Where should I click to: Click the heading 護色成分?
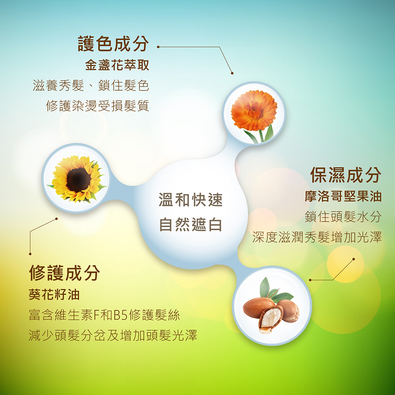tap(113, 44)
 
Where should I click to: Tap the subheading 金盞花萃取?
tap(117, 65)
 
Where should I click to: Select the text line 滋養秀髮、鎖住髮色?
tap(91, 85)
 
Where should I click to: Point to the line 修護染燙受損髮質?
tap(98, 105)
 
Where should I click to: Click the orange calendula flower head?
tap(254, 110)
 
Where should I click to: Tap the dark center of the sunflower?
tap(79, 180)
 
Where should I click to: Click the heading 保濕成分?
tap(346, 175)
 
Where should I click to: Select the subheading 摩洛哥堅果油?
tap(343, 196)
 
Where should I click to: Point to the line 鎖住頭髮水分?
tap(343, 217)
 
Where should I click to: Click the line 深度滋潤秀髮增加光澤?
tap(317, 237)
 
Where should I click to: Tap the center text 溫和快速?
tap(191, 200)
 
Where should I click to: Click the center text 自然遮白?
tap(191, 225)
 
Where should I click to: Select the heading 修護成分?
tap(64, 273)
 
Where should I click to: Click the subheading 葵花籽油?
tap(54, 294)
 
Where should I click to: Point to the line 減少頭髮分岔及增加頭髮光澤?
tap(113, 335)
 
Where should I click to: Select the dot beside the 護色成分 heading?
tap(158, 47)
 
